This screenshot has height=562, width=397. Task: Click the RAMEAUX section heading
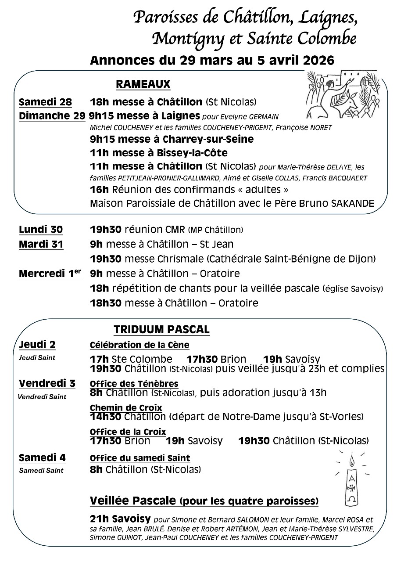point(143,84)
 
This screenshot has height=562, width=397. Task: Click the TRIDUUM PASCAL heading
point(161,329)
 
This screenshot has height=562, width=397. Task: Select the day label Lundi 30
point(41,230)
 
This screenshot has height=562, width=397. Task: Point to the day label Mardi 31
point(41,244)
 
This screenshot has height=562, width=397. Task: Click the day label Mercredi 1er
point(50,274)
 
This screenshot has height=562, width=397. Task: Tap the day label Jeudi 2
point(37,344)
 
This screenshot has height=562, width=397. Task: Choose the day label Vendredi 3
point(47,383)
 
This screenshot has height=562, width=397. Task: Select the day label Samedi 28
point(45,102)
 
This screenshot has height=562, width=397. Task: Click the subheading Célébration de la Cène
point(139,345)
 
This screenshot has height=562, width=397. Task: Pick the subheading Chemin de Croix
point(126,408)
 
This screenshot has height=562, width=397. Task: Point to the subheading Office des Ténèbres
point(134,384)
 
